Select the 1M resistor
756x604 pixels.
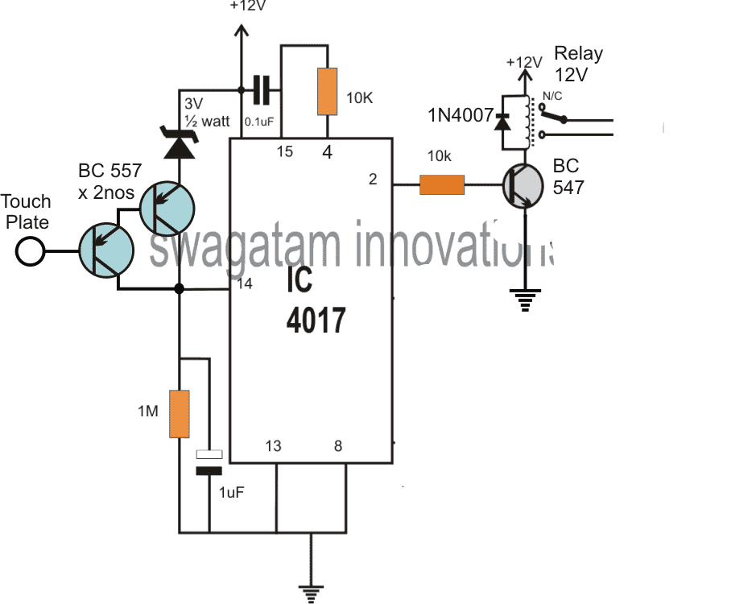(x=180, y=413)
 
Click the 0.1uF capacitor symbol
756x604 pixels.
(x=260, y=90)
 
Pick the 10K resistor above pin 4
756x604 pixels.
(x=328, y=91)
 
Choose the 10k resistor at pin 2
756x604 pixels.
(x=442, y=185)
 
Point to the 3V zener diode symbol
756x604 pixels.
(x=180, y=145)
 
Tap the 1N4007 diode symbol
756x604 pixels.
(x=505, y=122)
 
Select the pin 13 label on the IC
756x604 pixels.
(x=274, y=445)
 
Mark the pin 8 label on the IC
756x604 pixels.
(x=338, y=445)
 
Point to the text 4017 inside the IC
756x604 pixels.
(x=316, y=321)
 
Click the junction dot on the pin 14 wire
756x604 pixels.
(x=180, y=288)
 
